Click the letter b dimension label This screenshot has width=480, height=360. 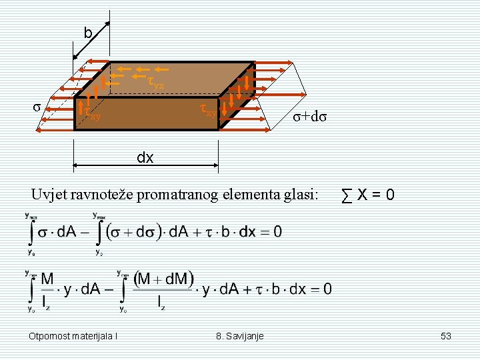click(x=87, y=33)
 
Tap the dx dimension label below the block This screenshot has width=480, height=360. click(x=145, y=158)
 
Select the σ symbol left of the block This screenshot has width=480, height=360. click(x=37, y=107)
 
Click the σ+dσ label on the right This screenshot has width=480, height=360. click(x=312, y=116)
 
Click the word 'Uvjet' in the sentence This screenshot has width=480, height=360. click(x=47, y=195)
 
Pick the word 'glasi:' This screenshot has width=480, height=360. click(x=300, y=195)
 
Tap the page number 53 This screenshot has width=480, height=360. click(x=446, y=336)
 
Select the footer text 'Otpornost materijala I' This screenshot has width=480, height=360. click(x=73, y=336)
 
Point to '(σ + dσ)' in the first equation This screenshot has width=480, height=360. click(x=131, y=232)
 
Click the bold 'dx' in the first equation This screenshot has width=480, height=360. click(x=247, y=232)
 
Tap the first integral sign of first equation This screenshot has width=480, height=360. click(x=31, y=232)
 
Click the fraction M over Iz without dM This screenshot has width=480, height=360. click(x=47, y=290)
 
